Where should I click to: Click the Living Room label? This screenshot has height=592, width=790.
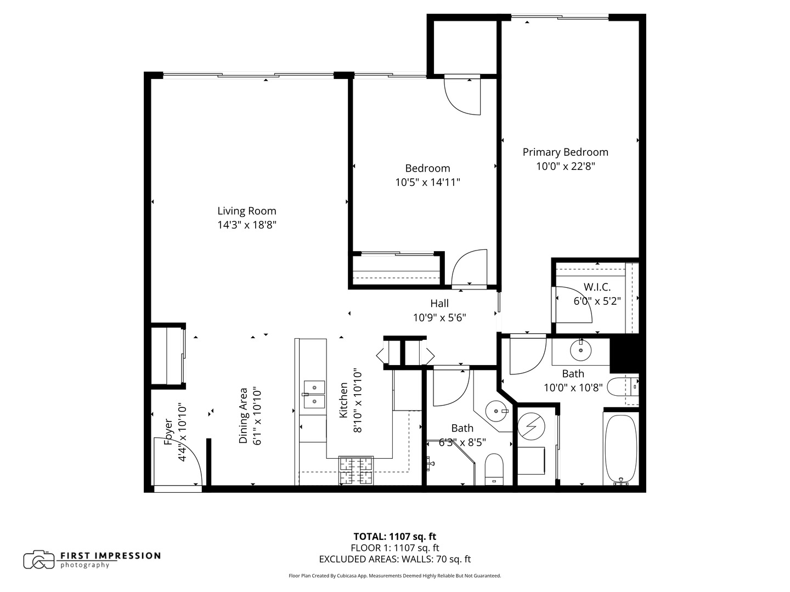(x=246, y=211)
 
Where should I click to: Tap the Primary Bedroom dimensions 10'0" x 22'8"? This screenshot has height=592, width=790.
(x=565, y=166)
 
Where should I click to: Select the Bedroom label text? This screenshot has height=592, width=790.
(x=427, y=168)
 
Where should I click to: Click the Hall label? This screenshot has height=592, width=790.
(x=439, y=303)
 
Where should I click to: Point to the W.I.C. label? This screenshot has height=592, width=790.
(x=597, y=287)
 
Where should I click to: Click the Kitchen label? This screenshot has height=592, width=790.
(x=343, y=400)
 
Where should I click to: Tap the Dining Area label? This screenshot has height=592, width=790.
(x=244, y=415)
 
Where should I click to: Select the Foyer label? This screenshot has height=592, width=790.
(x=169, y=432)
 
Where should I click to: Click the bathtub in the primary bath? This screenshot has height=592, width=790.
(x=621, y=448)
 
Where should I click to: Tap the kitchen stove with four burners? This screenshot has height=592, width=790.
(x=356, y=470)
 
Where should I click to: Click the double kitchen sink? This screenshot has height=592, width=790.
(x=314, y=395)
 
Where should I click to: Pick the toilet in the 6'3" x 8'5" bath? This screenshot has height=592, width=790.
(x=494, y=469)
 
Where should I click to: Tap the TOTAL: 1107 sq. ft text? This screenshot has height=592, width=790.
(x=394, y=537)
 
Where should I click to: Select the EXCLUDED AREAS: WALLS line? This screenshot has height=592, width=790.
(x=394, y=559)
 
